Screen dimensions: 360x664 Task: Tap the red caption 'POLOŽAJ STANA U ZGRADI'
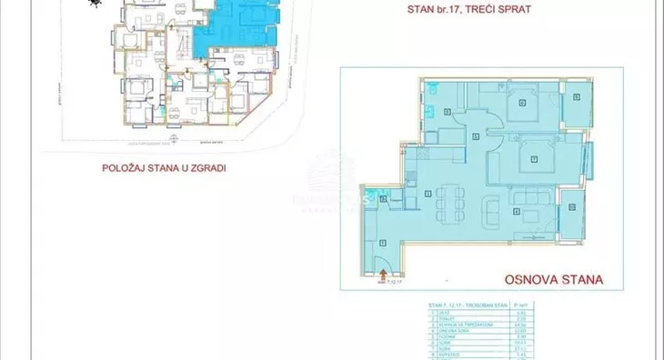tap(164, 167)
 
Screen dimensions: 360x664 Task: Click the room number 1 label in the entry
tap(383, 242)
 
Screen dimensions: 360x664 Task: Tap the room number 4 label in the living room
tap(516, 213)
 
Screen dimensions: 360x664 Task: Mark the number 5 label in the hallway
tap(477, 136)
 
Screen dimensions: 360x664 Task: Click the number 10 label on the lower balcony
tap(573, 207)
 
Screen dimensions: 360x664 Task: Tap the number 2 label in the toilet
tap(384, 199)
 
